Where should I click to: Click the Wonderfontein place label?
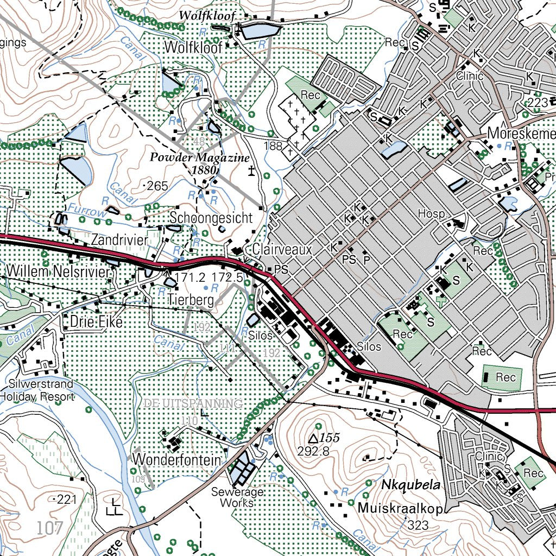coord(177,460)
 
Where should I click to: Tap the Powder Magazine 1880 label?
coord(201,163)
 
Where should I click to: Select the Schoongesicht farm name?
coord(211,218)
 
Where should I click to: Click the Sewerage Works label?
coord(238,497)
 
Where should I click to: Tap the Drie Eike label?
coord(97,322)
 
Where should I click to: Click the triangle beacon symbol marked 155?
coord(313,438)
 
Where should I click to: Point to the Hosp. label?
coord(431,214)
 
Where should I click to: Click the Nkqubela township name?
coord(410,484)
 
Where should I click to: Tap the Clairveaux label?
coord(282,250)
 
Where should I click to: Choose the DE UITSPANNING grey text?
coord(193,403)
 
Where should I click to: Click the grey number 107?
coord(50,527)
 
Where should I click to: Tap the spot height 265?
coord(157,186)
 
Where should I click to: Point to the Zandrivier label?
coord(119,239)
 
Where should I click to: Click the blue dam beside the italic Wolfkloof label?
coord(260,31)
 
